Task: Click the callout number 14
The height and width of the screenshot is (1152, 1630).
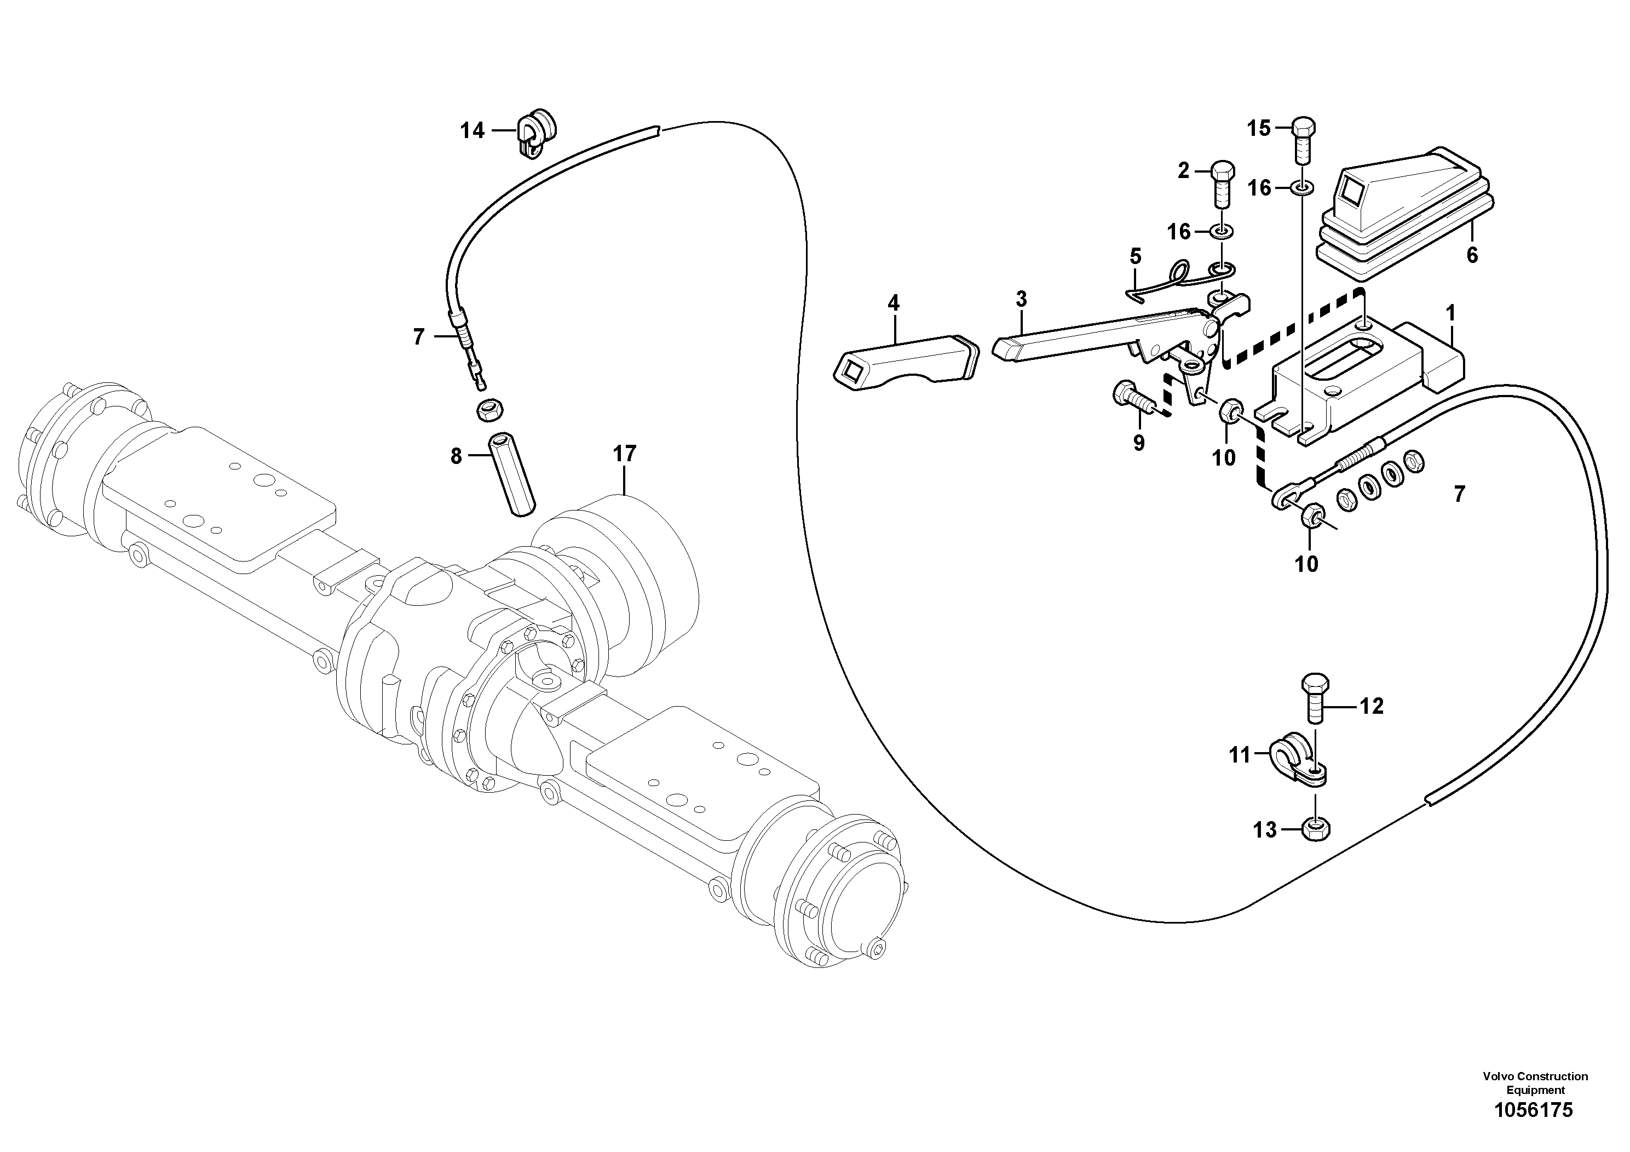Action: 472,131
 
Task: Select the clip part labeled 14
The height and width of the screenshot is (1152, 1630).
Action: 535,133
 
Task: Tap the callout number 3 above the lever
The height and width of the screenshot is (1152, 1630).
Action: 1021,299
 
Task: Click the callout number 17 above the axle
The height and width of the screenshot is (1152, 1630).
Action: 625,453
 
